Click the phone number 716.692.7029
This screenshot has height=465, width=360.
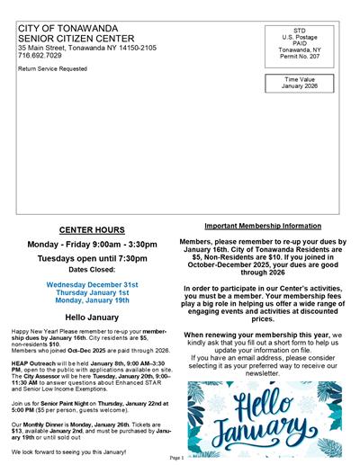click(x=37, y=56)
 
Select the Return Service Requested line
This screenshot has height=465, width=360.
click(x=52, y=68)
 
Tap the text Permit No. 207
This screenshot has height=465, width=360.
click(x=300, y=56)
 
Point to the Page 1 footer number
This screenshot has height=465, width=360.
click(x=176, y=458)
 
